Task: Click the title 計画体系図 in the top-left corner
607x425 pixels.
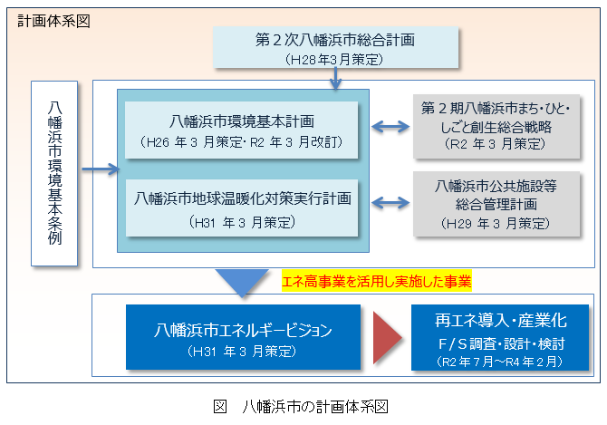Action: pos(53,21)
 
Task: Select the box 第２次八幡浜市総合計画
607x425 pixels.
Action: pos(335,48)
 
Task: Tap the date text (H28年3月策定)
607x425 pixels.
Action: pos(334,60)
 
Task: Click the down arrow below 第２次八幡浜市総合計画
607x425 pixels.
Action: pos(335,78)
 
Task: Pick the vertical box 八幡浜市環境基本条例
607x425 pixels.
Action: pos(54,173)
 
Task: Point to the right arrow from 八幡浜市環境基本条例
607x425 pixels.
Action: pos(101,169)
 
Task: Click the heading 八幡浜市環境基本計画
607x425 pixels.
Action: pos(242,121)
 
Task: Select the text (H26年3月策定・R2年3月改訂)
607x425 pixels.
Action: pos(241,142)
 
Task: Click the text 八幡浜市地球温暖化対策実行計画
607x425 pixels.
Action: pos(242,198)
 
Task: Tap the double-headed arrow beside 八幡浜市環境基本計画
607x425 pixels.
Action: pos(390,127)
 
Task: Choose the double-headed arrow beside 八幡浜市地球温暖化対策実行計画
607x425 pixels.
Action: pos(390,202)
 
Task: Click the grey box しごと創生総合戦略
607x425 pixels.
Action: pos(496,127)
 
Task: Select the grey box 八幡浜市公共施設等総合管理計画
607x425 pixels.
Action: pos(496,204)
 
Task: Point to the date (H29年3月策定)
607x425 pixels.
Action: pos(496,223)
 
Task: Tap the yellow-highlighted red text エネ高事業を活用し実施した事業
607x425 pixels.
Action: pos(377,281)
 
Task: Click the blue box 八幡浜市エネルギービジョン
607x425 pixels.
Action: pos(243,337)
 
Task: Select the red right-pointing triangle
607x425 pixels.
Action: pos(387,338)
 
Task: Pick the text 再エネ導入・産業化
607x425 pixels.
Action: pos(500,321)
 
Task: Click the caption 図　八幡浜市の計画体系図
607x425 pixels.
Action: pos(301,407)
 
